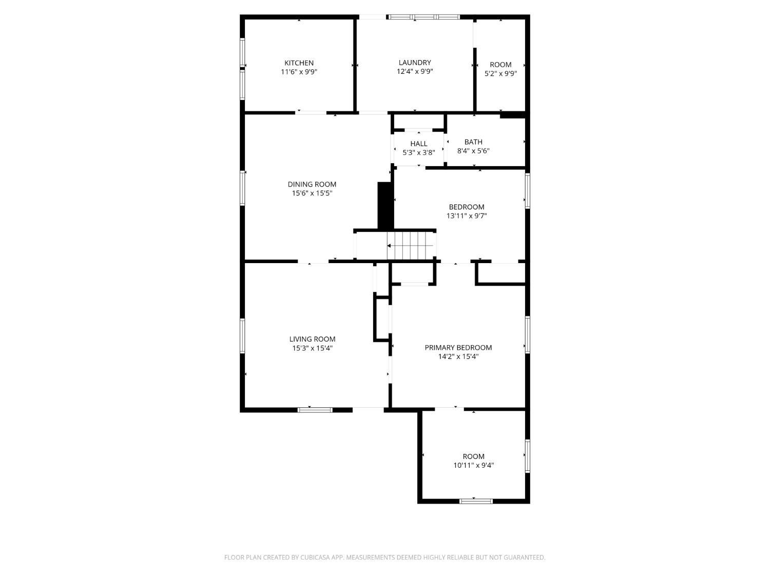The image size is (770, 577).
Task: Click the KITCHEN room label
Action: pyautogui.click(x=299, y=63)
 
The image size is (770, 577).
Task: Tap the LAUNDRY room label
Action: pyautogui.click(x=415, y=63)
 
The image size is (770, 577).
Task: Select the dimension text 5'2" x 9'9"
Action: pyautogui.click(x=500, y=73)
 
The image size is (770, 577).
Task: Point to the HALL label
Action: pyautogui.click(x=419, y=144)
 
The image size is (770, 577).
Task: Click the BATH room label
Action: pyautogui.click(x=473, y=142)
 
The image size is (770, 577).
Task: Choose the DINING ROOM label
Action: pyautogui.click(x=312, y=185)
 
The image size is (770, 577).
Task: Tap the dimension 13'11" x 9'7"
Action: pyautogui.click(x=467, y=216)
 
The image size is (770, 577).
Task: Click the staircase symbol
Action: pyautogui.click(x=411, y=246)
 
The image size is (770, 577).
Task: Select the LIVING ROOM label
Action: pyautogui.click(x=312, y=339)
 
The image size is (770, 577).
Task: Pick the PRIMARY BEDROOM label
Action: pyautogui.click(x=458, y=348)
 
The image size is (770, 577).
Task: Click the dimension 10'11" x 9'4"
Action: pyautogui.click(x=473, y=466)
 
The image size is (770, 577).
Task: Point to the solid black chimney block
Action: pyautogui.click(x=386, y=205)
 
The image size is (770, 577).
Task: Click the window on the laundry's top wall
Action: pyautogui.click(x=424, y=17)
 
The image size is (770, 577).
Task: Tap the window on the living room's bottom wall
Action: pyautogui.click(x=315, y=409)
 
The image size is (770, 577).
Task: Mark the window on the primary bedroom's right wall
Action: pyautogui.click(x=527, y=334)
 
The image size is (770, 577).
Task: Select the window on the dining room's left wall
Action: pyautogui.click(x=242, y=188)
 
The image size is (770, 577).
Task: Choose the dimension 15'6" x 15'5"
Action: pyautogui.click(x=312, y=193)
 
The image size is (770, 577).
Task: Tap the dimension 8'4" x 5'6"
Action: pyautogui.click(x=473, y=151)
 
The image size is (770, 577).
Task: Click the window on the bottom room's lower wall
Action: pyautogui.click(x=476, y=501)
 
